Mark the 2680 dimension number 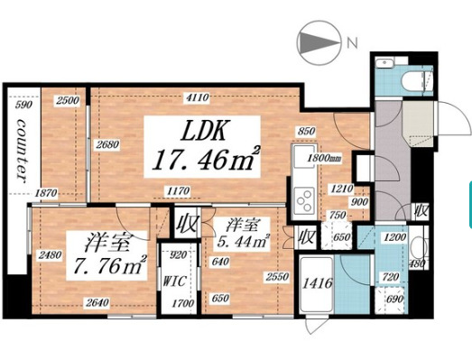tap(106, 144)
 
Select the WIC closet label tap(175, 279)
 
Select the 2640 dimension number tap(111, 303)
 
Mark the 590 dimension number tap(24, 105)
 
